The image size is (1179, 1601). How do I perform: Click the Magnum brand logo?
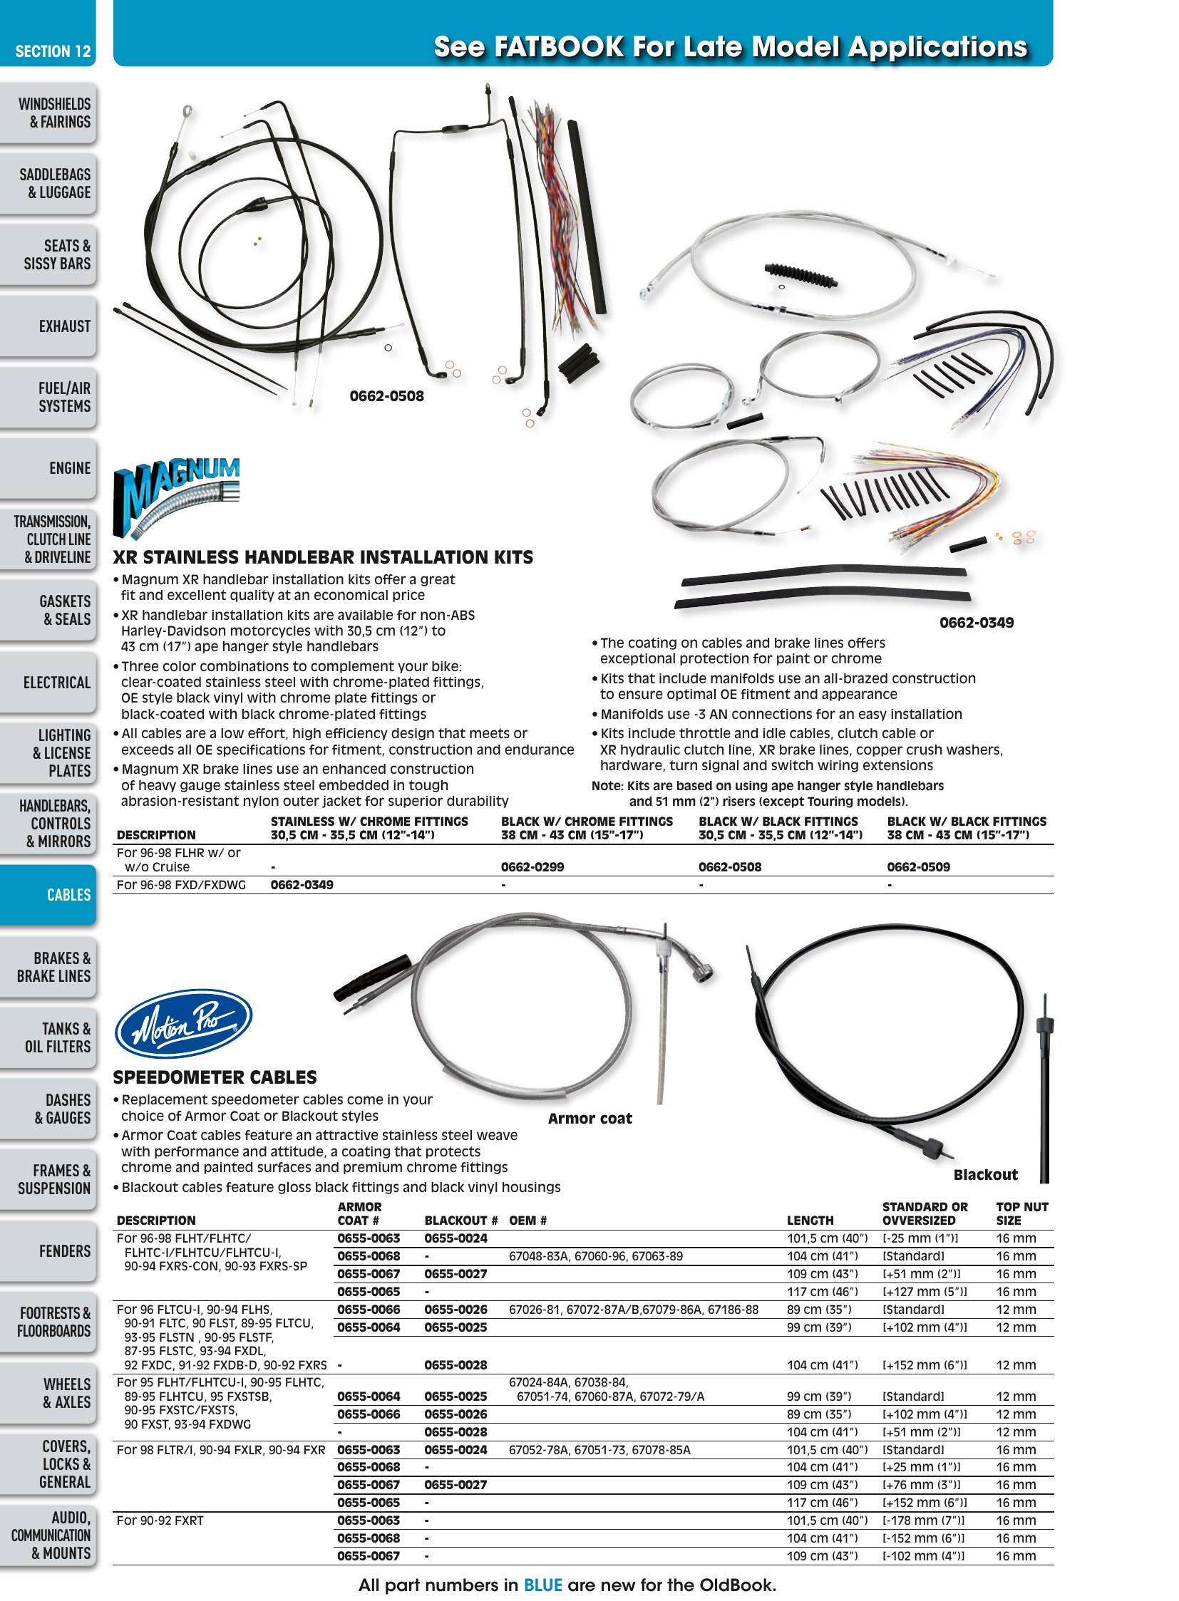tap(177, 497)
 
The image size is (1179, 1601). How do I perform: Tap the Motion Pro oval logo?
tap(183, 1023)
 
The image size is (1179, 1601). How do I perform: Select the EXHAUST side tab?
tap(48, 326)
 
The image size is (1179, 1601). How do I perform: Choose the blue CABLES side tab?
tap(48, 895)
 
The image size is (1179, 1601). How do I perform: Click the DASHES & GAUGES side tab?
tap(48, 1108)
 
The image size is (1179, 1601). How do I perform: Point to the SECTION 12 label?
tap(53, 51)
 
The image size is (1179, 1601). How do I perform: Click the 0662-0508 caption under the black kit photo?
tap(386, 396)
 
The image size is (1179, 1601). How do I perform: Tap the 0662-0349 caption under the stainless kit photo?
tap(977, 623)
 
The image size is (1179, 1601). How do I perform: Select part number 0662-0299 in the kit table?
tap(532, 867)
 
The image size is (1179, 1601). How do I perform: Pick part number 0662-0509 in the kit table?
tap(919, 867)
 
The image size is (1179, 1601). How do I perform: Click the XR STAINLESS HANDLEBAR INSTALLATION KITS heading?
tap(324, 557)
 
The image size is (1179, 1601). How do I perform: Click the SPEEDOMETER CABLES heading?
tap(215, 1077)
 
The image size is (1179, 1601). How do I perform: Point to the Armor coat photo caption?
tap(590, 1119)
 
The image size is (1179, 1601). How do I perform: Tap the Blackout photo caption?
tap(986, 1175)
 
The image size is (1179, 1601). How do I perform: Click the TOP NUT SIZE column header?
tap(1022, 1213)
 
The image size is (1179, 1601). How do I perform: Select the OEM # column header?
tap(528, 1221)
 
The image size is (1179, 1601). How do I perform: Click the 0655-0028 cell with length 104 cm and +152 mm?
tap(455, 1365)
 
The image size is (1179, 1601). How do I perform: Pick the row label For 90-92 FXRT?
tap(160, 1520)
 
